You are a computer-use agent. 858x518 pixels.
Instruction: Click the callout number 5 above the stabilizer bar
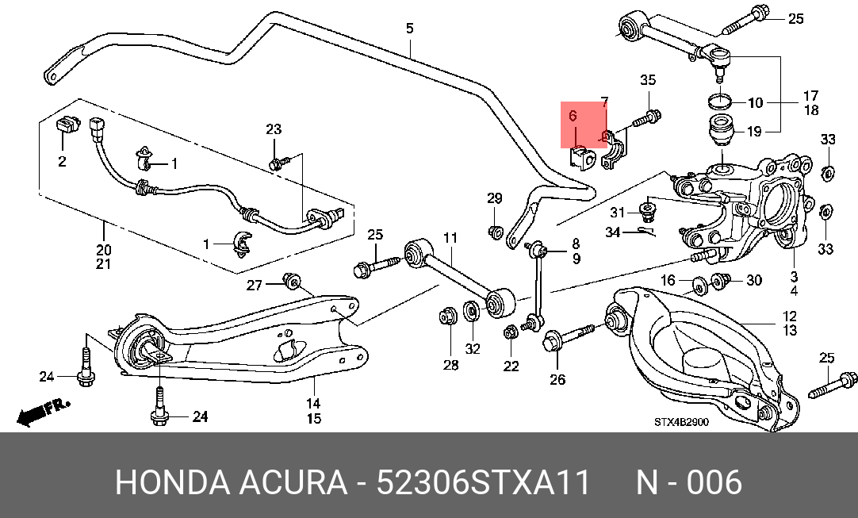(410, 28)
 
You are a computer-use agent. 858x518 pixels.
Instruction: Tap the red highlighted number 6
(573, 116)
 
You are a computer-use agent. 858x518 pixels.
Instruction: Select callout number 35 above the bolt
(648, 80)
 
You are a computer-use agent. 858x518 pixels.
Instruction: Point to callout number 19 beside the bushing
(754, 132)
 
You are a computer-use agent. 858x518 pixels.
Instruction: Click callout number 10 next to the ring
(755, 102)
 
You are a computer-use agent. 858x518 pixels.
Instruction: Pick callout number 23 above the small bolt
(274, 129)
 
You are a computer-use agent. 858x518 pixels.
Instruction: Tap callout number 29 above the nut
(495, 198)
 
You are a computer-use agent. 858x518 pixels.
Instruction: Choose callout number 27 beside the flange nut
(255, 286)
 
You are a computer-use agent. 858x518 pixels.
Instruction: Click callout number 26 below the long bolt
(557, 379)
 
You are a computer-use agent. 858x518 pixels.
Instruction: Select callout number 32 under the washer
(473, 349)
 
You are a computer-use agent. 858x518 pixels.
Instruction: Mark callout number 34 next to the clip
(613, 232)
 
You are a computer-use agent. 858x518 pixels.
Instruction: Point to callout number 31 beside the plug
(617, 213)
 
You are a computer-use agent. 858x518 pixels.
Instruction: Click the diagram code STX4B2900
(681, 422)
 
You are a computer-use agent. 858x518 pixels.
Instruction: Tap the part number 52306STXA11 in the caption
(484, 482)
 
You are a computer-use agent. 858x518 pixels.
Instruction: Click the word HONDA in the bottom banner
(172, 482)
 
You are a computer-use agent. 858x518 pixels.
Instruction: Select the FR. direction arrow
(43, 412)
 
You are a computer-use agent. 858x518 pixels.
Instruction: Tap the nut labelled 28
(447, 317)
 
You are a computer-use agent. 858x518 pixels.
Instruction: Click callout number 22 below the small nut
(511, 365)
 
